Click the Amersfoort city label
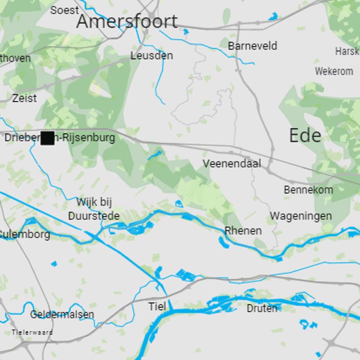(x=127, y=22)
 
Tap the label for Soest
(x=64, y=10)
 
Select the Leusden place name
(x=152, y=56)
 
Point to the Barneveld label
(x=252, y=46)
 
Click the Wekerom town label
(x=334, y=72)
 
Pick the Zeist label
(x=25, y=98)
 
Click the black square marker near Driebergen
(x=47, y=138)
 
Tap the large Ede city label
(x=305, y=135)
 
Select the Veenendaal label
(x=232, y=164)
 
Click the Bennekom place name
(x=309, y=190)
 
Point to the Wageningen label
(x=301, y=216)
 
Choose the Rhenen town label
(x=243, y=231)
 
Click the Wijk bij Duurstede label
(x=94, y=209)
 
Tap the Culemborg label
(x=25, y=234)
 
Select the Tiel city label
(x=157, y=307)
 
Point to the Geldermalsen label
(x=62, y=314)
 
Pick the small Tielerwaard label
(x=32, y=333)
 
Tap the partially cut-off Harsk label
(x=347, y=52)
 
